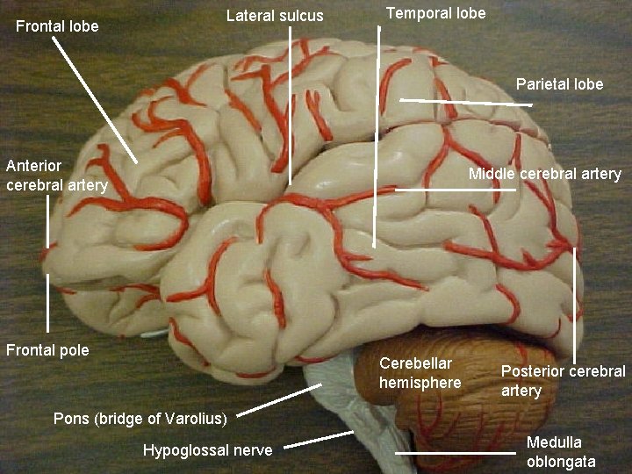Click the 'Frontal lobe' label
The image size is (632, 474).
(57, 26)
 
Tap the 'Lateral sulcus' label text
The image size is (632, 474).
(275, 16)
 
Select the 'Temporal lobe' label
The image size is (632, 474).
(435, 13)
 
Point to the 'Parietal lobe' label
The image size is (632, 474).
(559, 84)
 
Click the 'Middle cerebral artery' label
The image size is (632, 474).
(544, 174)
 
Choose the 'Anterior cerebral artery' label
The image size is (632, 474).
(56, 175)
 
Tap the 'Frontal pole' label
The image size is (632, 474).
(47, 350)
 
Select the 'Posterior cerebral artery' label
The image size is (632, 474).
(563, 380)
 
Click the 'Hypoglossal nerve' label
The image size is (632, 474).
(207, 450)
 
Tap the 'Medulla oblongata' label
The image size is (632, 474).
(561, 451)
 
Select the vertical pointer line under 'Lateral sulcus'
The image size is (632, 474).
(291, 105)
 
